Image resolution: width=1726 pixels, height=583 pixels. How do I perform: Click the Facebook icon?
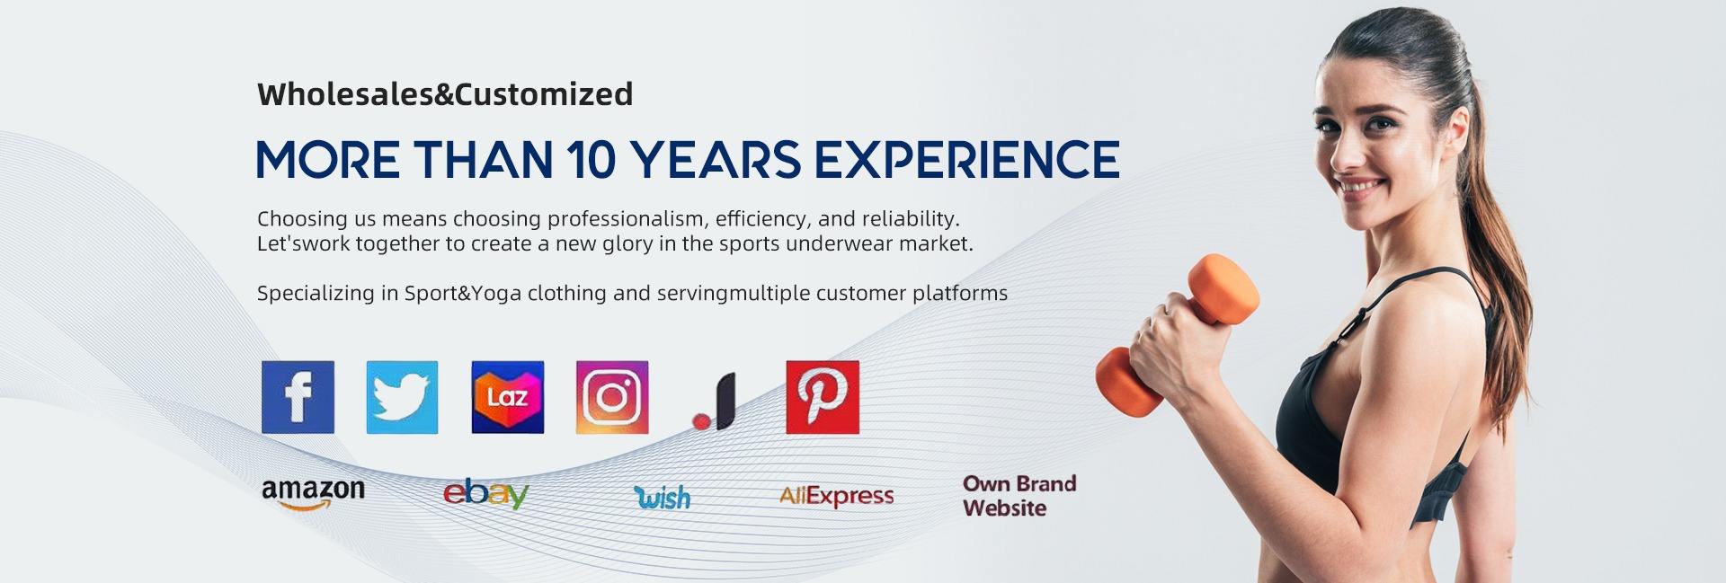[x=298, y=397]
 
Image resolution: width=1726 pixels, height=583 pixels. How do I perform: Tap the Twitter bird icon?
[x=402, y=397]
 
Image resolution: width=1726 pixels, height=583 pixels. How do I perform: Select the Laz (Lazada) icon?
[x=507, y=397]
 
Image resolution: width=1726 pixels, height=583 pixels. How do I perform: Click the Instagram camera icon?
[x=612, y=397]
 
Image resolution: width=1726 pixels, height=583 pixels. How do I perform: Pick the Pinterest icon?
[x=823, y=397]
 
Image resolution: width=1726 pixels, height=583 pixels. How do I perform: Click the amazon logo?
[x=313, y=493]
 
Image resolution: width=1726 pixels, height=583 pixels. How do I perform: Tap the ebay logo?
[x=485, y=494]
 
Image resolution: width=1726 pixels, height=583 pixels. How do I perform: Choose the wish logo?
[x=663, y=496]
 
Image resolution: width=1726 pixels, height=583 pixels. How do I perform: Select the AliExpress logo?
[x=836, y=496]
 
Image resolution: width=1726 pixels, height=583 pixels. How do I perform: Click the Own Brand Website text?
[x=1019, y=496]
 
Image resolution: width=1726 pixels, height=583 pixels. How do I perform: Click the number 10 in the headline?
[x=592, y=160]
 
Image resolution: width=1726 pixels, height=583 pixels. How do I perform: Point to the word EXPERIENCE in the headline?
[x=966, y=160]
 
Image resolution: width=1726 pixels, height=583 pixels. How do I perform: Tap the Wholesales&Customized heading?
[x=445, y=94]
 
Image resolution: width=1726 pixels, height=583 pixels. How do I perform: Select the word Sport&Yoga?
[x=462, y=294]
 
